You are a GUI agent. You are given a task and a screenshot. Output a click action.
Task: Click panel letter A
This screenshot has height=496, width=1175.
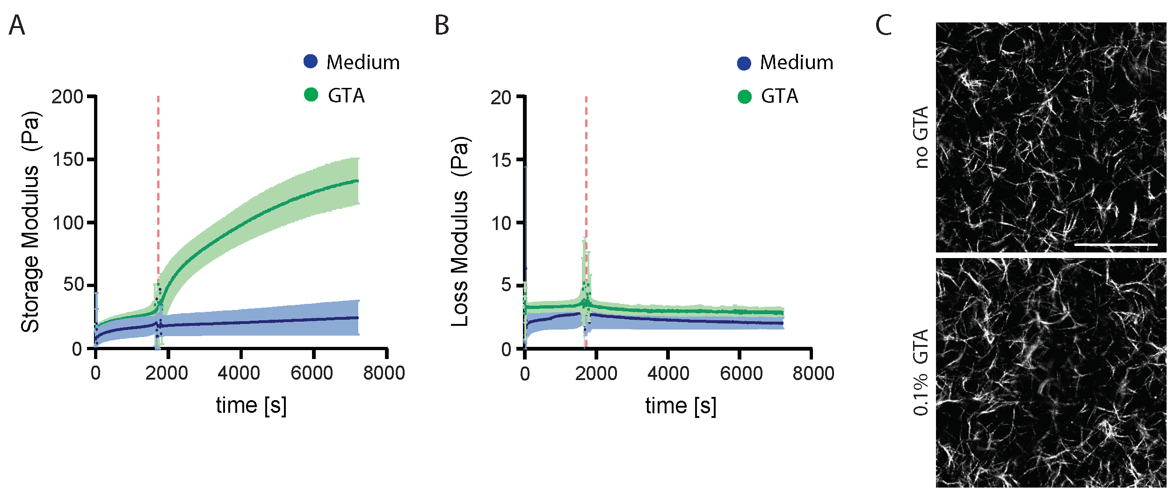(x=17, y=26)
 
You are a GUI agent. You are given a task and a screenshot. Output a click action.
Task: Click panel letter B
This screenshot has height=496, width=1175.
(x=442, y=26)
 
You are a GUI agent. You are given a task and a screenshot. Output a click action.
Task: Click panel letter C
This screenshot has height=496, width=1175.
(x=883, y=26)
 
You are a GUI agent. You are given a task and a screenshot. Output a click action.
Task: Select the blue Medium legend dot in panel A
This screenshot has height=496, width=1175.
(x=311, y=61)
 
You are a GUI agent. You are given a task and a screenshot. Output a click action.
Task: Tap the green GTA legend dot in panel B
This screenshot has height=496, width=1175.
(x=744, y=97)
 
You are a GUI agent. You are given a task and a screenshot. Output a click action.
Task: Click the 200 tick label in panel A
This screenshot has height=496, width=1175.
(x=67, y=97)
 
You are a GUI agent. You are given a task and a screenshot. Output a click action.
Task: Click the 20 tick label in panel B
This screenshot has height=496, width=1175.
(x=500, y=98)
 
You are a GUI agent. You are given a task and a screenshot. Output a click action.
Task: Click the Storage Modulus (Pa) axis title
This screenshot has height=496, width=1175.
(x=31, y=223)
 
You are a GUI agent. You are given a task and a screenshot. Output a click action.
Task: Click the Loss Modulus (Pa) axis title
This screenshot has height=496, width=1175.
(x=460, y=232)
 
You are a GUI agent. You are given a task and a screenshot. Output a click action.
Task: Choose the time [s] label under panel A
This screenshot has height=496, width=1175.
(x=251, y=405)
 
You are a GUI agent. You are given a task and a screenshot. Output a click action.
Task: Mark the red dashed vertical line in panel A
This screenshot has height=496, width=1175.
(x=158, y=187)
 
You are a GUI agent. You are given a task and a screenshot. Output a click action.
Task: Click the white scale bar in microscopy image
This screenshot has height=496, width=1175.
(x=1116, y=244)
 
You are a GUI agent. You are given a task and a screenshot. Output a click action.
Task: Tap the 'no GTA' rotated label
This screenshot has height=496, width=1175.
(x=921, y=137)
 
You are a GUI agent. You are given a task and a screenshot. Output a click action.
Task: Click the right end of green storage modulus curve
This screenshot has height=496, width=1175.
(x=357, y=181)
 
